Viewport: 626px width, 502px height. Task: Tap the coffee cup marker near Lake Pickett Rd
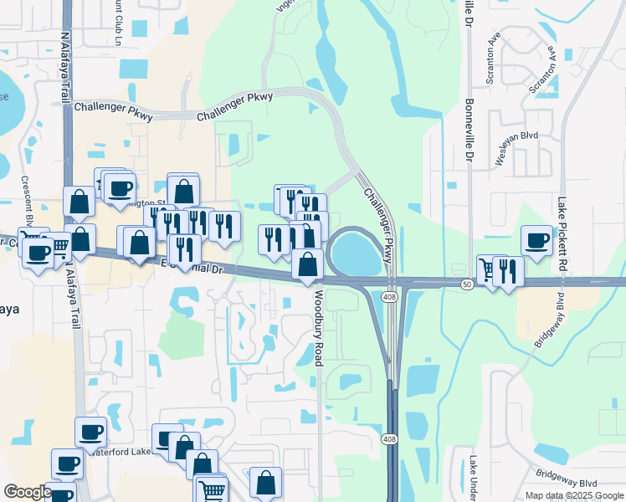(536, 241)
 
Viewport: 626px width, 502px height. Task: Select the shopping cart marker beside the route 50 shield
(489, 269)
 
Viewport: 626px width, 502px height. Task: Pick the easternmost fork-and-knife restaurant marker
(508, 270)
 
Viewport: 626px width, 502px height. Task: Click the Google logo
(27, 491)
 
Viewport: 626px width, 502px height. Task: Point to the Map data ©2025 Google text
(575, 495)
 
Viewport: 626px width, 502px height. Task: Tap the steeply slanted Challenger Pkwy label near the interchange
(378, 225)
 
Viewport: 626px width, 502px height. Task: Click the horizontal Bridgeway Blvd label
(567, 484)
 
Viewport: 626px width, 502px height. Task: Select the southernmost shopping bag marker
(265, 482)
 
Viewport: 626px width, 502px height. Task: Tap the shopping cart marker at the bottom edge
(213, 490)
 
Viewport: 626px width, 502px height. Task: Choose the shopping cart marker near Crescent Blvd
(58, 248)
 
